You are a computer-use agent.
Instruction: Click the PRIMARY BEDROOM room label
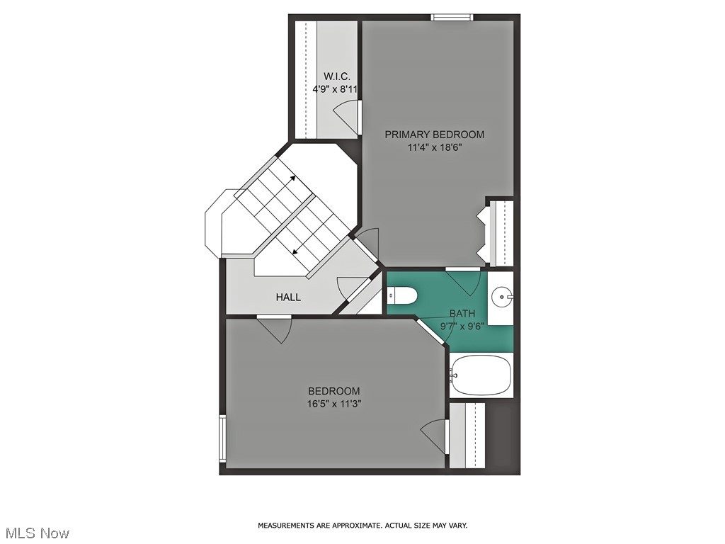pyautogui.click(x=434, y=135)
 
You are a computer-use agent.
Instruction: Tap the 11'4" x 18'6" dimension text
pyautogui.click(x=434, y=147)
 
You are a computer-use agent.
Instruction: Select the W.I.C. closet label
pyautogui.click(x=337, y=76)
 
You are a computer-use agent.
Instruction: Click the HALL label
pyautogui.click(x=288, y=297)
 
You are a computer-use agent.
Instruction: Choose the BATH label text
pyautogui.click(x=462, y=314)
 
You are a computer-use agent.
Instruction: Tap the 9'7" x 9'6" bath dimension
pyautogui.click(x=462, y=327)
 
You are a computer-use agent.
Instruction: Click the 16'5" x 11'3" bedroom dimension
pyautogui.click(x=333, y=404)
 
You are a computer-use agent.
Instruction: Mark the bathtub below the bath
pyautogui.click(x=481, y=375)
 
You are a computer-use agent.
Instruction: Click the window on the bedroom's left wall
pyautogui.click(x=222, y=438)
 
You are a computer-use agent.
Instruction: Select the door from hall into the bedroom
pyautogui.click(x=275, y=329)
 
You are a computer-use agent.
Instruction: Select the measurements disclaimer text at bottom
pyautogui.click(x=362, y=526)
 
